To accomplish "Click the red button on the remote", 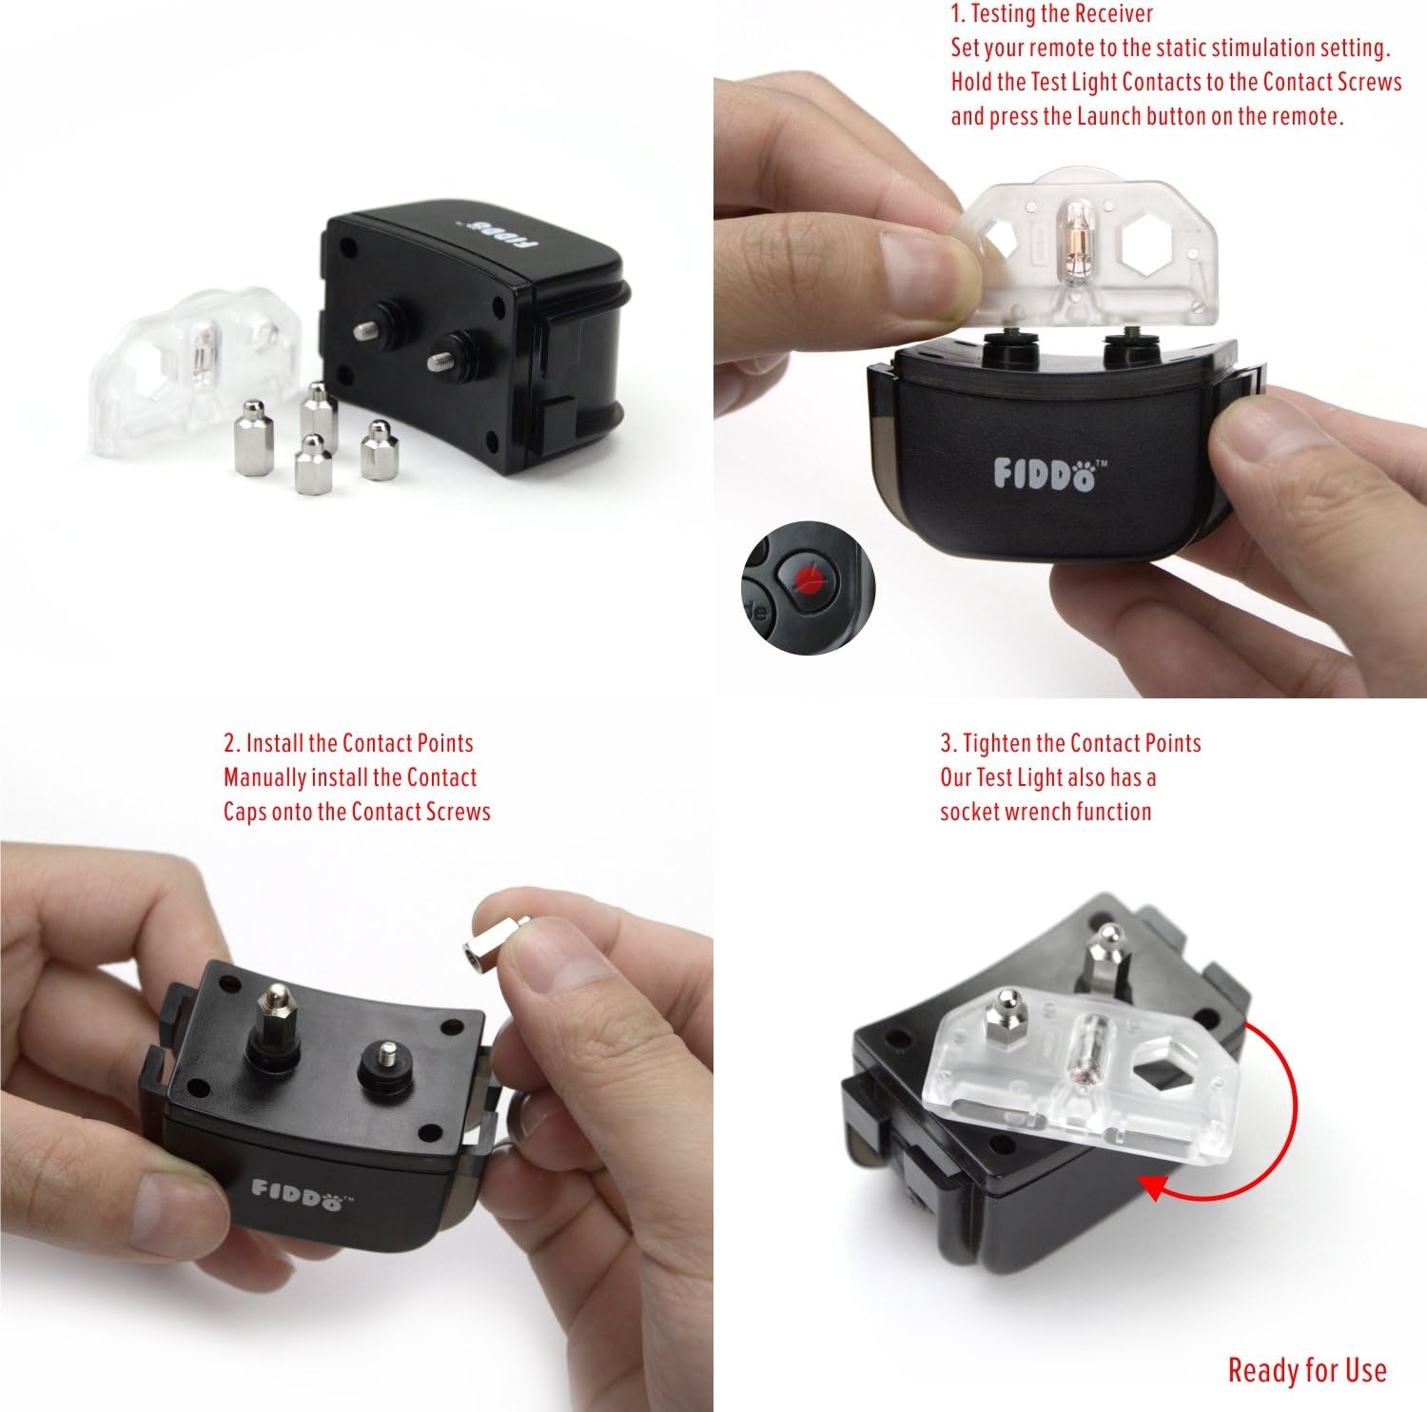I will click(810, 578).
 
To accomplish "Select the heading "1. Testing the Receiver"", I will click(1051, 14).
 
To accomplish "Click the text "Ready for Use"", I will click(1306, 1370).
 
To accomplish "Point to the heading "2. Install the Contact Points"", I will click(348, 743).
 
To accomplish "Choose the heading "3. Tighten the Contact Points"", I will click(1070, 743).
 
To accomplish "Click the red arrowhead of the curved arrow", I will click(1154, 1186).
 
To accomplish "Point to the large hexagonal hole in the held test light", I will click(1148, 242).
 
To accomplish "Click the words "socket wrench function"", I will click(1046, 812).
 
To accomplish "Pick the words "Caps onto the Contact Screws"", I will click(357, 812).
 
